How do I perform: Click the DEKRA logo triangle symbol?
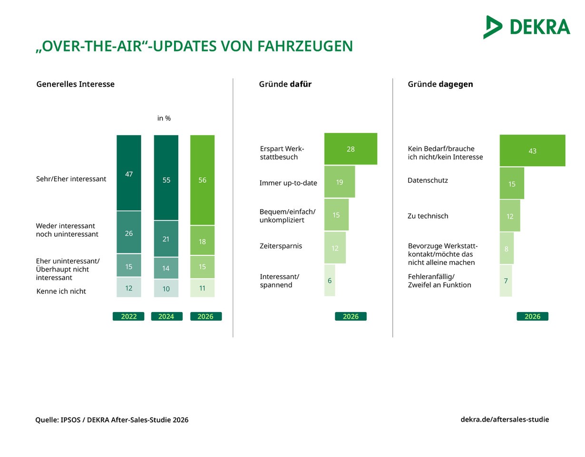point(492,27)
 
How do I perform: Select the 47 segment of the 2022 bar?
point(129,173)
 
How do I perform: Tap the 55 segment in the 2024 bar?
point(166,178)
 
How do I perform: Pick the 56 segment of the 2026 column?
point(203,180)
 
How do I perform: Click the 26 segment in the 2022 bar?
point(129,232)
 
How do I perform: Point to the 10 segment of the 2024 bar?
point(166,288)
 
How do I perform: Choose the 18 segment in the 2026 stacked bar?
point(203,240)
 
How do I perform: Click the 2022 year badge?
point(128,316)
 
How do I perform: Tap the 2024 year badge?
point(167,316)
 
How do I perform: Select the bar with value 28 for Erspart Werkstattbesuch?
point(351,149)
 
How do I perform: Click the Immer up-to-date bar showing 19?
point(340,182)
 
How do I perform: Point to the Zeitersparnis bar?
point(335,248)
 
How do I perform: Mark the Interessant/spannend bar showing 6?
point(330,281)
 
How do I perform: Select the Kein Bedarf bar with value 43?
point(533,150)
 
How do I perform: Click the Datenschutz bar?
point(512,183)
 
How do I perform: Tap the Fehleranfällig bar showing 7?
point(506,281)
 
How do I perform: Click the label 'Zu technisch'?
point(428,216)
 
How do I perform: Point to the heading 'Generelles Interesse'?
point(75,84)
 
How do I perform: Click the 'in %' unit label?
point(164,118)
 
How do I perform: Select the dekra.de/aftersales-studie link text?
point(505,419)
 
